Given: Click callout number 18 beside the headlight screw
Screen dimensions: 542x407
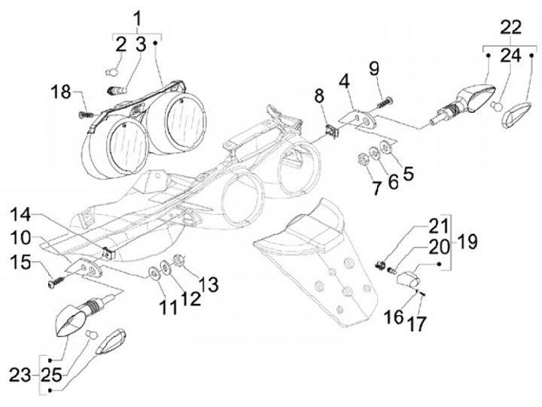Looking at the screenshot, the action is click(x=60, y=93).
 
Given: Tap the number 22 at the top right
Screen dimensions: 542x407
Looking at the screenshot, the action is click(x=511, y=26).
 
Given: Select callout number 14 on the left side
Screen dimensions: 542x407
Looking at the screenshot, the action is click(x=20, y=215).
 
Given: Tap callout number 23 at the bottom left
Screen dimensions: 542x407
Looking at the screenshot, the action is click(x=20, y=375).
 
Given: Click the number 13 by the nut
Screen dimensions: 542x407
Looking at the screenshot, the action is click(x=209, y=284).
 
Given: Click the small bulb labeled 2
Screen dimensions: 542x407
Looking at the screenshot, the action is click(x=112, y=72).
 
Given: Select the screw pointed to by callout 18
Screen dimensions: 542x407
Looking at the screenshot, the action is click(x=87, y=114).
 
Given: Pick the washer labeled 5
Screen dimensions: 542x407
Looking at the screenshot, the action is click(x=385, y=146).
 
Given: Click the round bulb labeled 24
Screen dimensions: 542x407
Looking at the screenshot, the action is click(x=496, y=106).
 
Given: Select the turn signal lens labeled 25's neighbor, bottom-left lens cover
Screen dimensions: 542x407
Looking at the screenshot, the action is click(x=111, y=342).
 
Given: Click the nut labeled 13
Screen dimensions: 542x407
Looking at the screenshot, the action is click(x=178, y=260).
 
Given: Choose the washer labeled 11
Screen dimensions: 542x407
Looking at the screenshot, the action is click(x=153, y=273).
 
